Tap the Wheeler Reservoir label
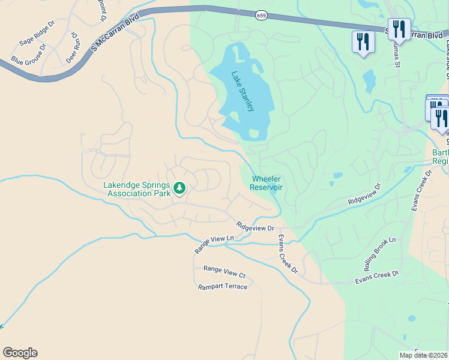[x=267, y=183]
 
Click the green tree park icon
[x=179, y=189]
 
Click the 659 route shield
[x=261, y=15]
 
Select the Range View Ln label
[x=213, y=244]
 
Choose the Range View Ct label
[x=224, y=272]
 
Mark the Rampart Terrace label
[x=223, y=287]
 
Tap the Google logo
[x=20, y=353]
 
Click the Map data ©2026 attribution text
[x=423, y=355]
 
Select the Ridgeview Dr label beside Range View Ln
[x=255, y=227]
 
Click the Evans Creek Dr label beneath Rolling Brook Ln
[x=376, y=277]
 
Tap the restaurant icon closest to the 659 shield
[x=363, y=42]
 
